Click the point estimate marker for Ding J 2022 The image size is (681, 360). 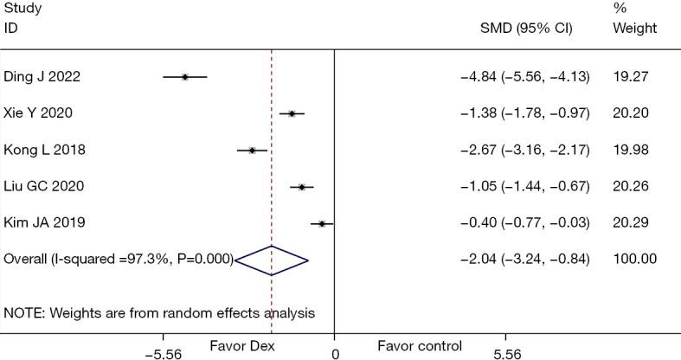pyautogui.click(x=185, y=77)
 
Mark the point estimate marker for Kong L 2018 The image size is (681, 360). pyautogui.click(x=252, y=150)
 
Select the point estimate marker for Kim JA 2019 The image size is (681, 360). pyautogui.click(x=322, y=223)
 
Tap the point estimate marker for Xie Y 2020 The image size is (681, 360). pyautogui.click(x=292, y=113)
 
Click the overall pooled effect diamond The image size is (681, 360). pyautogui.click(x=271, y=259)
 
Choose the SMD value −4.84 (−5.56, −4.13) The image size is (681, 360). pyautogui.click(x=525, y=77)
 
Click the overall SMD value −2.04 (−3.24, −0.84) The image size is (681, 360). pyautogui.click(x=525, y=259)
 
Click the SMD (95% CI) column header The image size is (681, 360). pyautogui.click(x=526, y=28)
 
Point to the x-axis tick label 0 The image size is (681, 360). pyautogui.click(x=335, y=353)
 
